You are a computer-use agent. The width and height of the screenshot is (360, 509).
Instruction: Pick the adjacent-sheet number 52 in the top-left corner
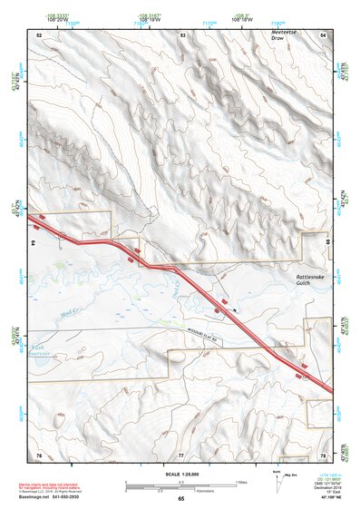click(x=39, y=34)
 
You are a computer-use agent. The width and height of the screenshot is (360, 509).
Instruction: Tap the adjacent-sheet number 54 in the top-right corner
click(x=323, y=34)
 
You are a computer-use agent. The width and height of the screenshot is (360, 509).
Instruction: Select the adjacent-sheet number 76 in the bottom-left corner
click(x=39, y=454)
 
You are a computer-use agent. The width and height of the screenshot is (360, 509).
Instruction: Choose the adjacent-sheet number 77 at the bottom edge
click(x=180, y=454)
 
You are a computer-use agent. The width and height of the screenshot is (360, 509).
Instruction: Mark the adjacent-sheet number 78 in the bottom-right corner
click(x=323, y=454)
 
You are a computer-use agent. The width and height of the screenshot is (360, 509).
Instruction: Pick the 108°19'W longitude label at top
click(x=151, y=18)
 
